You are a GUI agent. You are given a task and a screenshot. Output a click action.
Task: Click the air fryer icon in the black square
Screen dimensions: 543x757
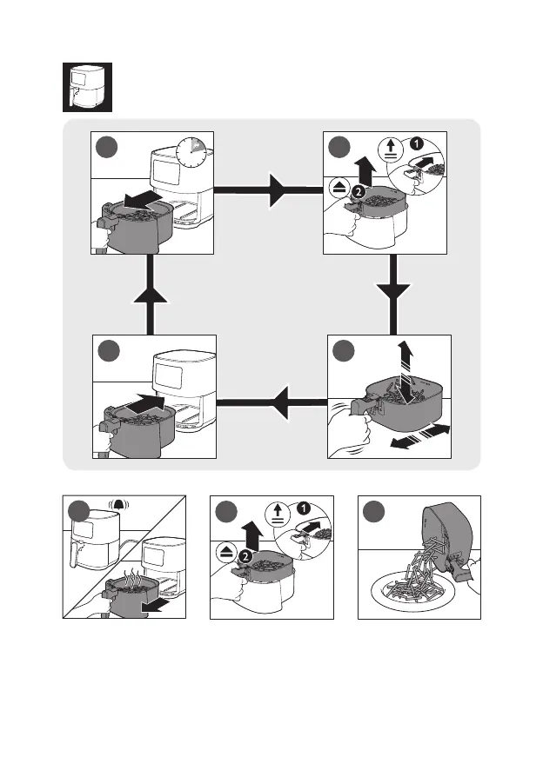[x=88, y=87]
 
